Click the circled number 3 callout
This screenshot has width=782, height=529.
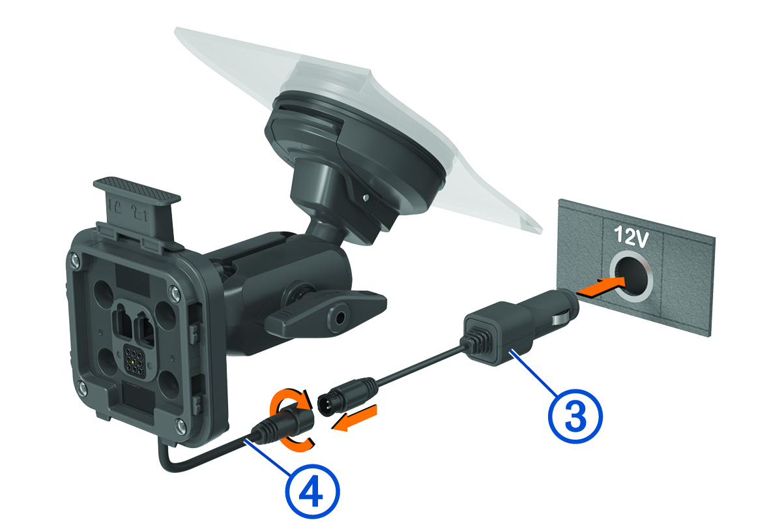click(x=575, y=417)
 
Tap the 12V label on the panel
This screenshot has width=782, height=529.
click(x=631, y=237)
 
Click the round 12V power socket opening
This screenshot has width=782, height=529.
click(x=631, y=279)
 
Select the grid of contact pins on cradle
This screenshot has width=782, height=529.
click(x=134, y=359)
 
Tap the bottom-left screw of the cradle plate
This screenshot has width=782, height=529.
click(x=81, y=386)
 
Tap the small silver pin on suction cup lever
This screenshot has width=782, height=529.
click(x=366, y=198)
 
